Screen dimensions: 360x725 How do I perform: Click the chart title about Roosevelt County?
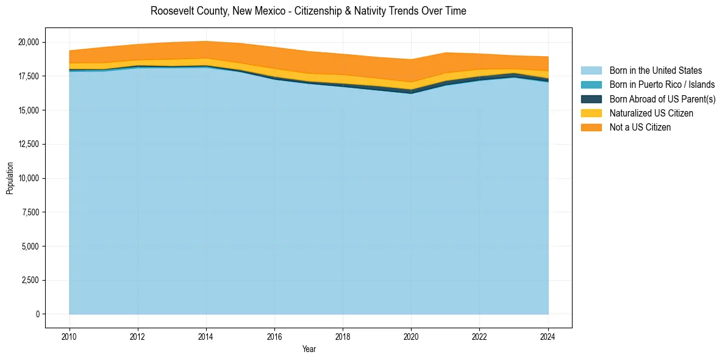coord(308,11)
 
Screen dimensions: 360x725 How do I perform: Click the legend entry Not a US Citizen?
coord(640,127)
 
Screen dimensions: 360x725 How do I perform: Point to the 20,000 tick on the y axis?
coord(28,42)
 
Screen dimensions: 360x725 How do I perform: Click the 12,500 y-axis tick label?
coord(28,144)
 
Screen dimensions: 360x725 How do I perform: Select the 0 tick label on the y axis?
coord(37,314)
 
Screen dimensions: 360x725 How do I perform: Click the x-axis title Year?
coord(309,349)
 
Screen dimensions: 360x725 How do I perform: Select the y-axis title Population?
coord(10,178)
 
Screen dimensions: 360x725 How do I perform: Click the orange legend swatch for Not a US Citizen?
coord(591,127)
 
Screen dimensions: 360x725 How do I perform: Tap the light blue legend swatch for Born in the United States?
coord(591,71)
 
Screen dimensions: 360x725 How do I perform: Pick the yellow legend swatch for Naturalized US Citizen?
coord(591,113)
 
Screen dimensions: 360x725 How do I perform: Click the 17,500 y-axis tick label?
coord(28,76)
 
